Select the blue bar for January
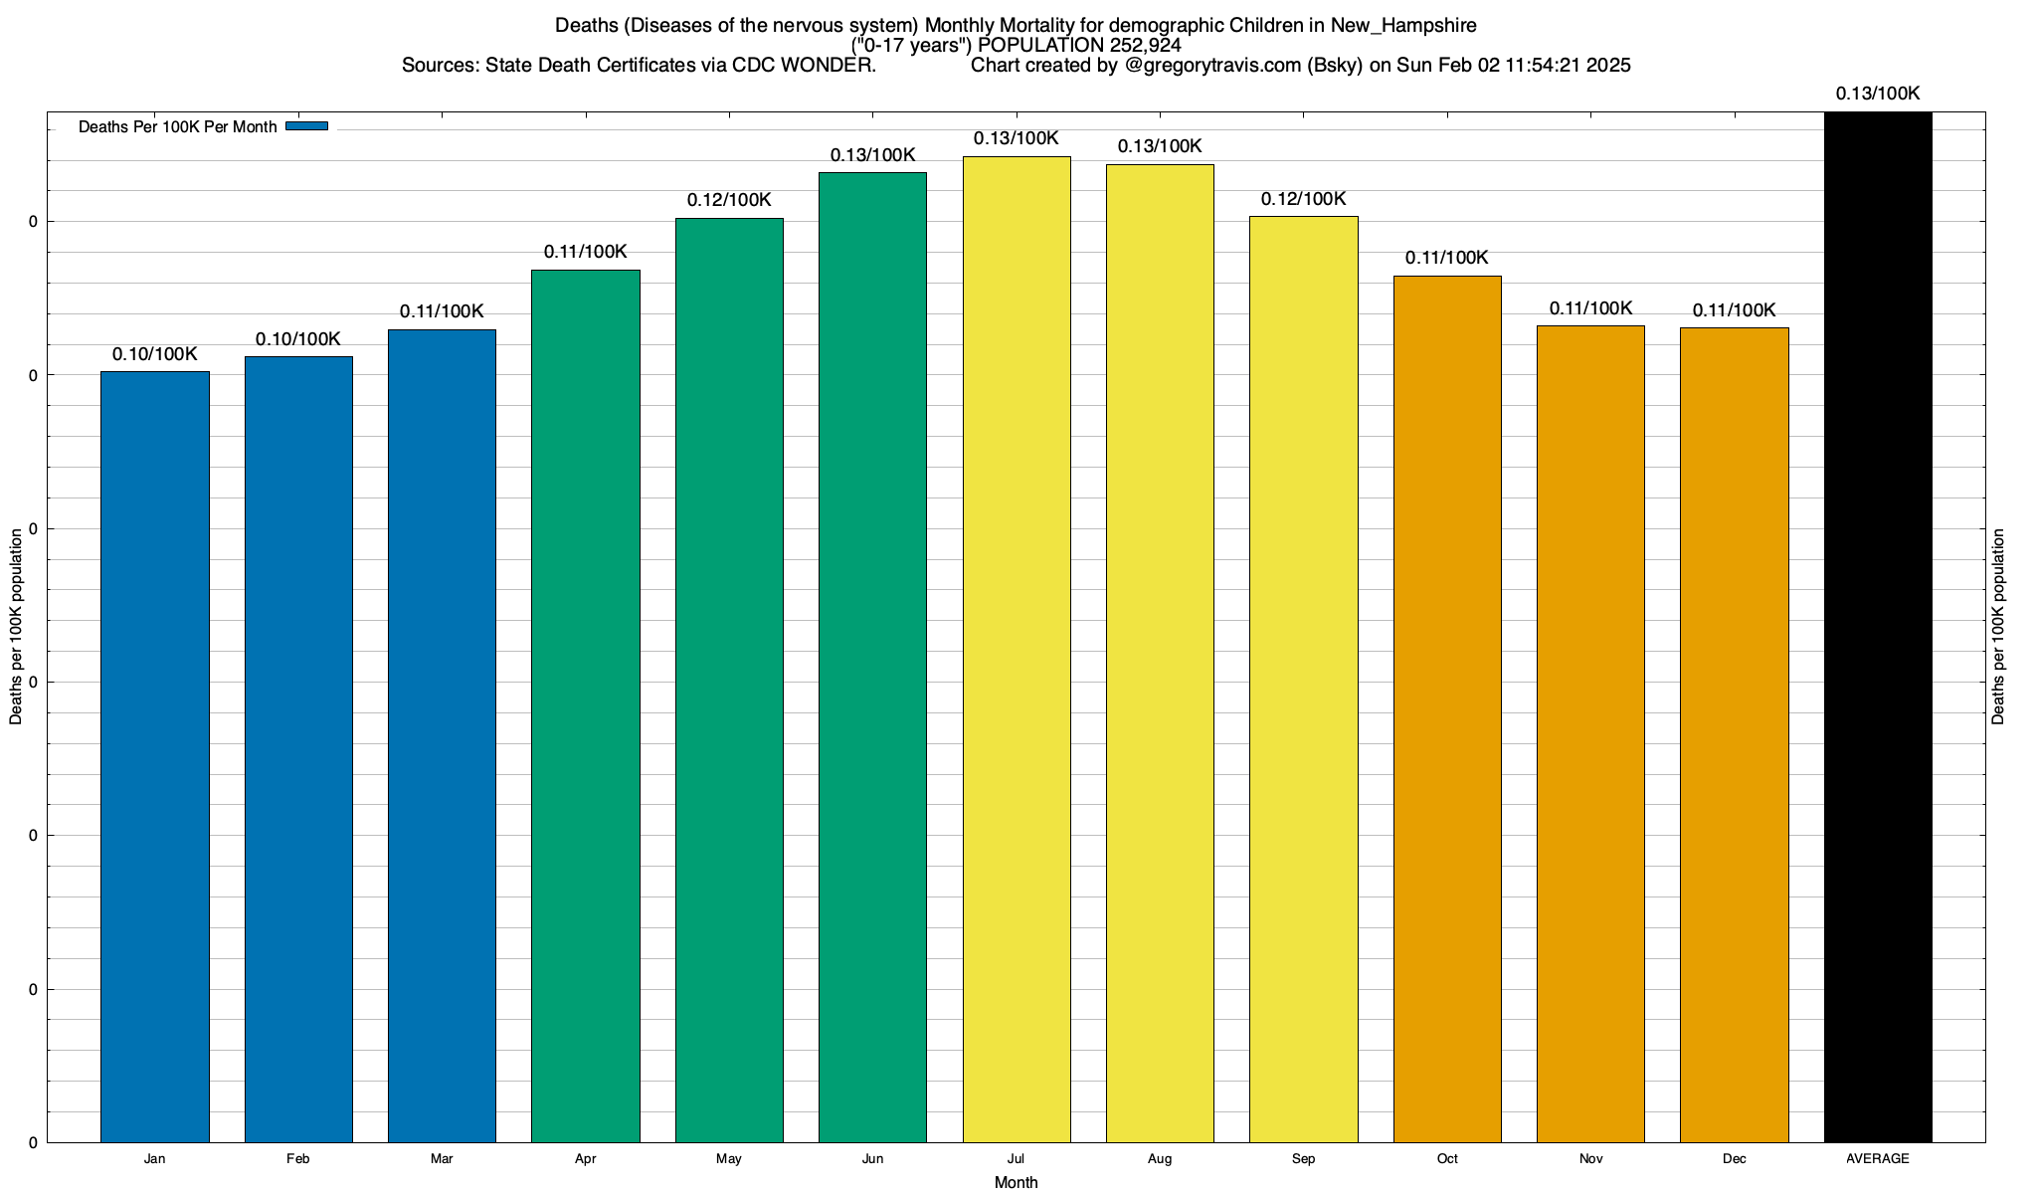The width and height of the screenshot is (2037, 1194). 155,756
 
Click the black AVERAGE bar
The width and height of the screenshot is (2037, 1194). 1878,627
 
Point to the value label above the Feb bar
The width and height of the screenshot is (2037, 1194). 298,339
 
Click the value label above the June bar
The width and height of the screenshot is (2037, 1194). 872,155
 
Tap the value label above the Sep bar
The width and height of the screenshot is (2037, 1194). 1303,199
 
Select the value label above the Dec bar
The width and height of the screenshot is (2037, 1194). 1734,310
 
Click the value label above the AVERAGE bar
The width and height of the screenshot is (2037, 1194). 1878,94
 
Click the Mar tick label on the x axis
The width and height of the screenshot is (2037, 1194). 442,1158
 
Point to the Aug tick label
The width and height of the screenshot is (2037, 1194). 1160,1158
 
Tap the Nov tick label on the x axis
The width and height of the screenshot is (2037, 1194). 1590,1158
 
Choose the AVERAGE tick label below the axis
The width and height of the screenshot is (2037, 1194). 1878,1158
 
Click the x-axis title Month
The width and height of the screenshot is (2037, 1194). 1016,1182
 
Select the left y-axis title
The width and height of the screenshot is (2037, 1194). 16,627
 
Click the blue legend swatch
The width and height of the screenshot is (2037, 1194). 306,126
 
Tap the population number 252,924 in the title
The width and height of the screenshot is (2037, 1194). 1145,45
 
